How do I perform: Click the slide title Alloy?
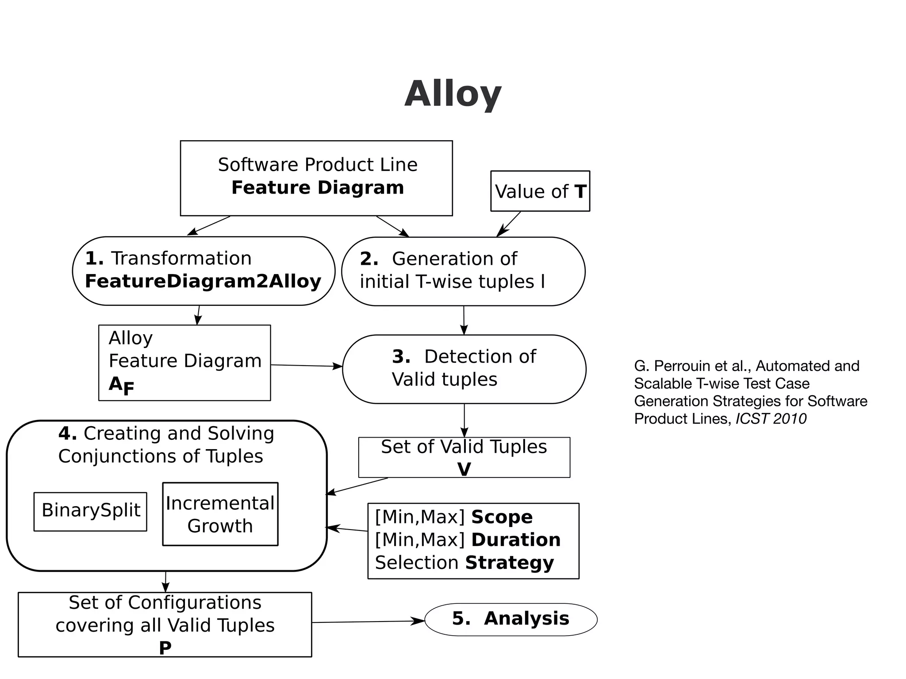click(453, 94)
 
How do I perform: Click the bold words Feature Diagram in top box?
click(318, 188)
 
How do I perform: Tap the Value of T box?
click(540, 191)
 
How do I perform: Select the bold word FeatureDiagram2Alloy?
click(203, 282)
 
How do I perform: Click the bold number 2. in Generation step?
click(369, 259)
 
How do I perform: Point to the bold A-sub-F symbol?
click(121, 385)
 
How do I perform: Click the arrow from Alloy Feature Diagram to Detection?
click(306, 366)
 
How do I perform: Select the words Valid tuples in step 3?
click(444, 380)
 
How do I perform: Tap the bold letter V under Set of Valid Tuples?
click(464, 469)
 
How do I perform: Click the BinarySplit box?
click(91, 511)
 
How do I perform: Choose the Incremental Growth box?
click(220, 514)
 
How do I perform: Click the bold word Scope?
click(502, 517)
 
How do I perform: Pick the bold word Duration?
click(516, 540)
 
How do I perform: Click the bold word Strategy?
click(509, 563)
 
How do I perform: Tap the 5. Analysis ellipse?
click(511, 619)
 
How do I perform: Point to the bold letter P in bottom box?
click(165, 648)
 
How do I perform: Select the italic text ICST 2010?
click(771, 419)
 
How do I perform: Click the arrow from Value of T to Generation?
click(509, 224)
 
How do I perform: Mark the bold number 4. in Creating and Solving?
click(68, 434)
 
